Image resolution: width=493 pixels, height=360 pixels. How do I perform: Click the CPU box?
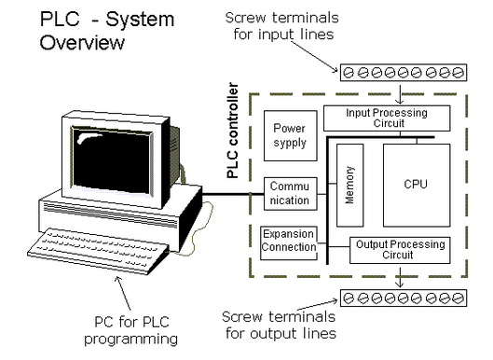pos(417,185)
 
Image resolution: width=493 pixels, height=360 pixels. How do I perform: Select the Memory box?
pos(349,185)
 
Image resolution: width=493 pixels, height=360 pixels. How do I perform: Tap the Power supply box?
pos(290,135)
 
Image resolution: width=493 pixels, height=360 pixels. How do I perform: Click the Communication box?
pos(290,194)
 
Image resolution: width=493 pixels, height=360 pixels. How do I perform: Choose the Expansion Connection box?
pos(289,242)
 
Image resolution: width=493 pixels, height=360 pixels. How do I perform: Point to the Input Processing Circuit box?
pos(387,118)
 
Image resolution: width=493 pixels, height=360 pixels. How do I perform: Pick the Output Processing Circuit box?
pos(400,250)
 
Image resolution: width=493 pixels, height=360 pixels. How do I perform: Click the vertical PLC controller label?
pos(232,131)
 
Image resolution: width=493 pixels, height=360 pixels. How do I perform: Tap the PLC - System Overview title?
pos(107,31)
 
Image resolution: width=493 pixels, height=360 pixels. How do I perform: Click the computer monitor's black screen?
pos(112,159)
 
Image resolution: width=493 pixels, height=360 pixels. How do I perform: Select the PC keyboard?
pos(98,251)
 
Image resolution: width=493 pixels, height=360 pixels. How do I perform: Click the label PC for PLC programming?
pos(131,330)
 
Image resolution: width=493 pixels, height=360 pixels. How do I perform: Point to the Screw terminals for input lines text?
pos(282,26)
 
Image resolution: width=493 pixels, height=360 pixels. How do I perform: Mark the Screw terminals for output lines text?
pos(280,325)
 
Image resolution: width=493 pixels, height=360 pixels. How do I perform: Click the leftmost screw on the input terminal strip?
pos(349,73)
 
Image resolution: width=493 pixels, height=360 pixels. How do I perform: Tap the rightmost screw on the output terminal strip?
pos(458,298)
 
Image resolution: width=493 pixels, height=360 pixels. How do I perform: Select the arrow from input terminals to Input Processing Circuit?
pos(400,94)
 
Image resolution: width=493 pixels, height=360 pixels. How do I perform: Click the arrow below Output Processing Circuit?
pos(400,277)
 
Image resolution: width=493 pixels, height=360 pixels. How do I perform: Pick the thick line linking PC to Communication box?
pos(233,194)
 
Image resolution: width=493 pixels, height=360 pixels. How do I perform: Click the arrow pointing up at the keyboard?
pos(123,293)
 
